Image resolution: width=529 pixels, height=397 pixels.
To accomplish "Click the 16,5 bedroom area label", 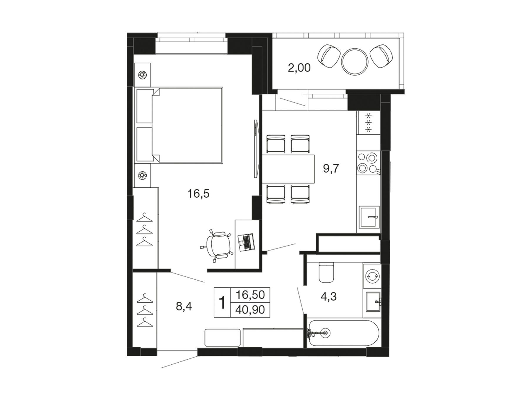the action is (198, 194).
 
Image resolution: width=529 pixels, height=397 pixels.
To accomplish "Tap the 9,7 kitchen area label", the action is (331, 169).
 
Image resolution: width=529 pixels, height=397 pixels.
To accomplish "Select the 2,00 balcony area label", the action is (299, 68).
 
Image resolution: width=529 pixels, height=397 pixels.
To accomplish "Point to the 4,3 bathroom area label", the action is (328, 296).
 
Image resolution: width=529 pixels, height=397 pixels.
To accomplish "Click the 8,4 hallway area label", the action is (184, 307).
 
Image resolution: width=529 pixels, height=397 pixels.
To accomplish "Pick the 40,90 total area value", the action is (250, 310).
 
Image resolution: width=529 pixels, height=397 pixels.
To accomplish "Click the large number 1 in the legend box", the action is (222, 303).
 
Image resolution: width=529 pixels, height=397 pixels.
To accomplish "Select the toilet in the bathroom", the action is (327, 272).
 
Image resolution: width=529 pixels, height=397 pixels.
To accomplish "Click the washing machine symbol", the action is (372, 276).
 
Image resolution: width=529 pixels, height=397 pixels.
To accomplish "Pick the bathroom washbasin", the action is (373, 301).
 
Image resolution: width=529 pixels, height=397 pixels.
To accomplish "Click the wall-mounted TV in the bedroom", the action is (256, 149).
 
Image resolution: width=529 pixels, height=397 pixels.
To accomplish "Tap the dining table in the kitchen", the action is (288, 169).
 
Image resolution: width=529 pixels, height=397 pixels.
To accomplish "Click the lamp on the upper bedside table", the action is (143, 75).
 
